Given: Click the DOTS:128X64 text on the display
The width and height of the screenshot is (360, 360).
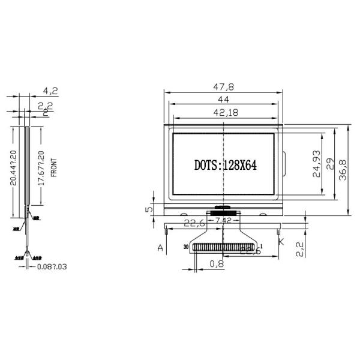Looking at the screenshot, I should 225,166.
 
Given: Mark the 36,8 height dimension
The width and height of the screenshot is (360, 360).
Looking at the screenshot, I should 343,169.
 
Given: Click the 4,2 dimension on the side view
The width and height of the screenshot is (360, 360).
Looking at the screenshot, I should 51,91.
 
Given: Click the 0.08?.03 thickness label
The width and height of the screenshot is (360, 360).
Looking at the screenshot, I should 51,266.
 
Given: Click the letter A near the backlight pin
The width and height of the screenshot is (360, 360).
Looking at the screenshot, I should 160,247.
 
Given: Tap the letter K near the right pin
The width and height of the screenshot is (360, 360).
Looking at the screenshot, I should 280,242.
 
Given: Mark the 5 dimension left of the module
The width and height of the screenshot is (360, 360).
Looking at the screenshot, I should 147,209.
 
